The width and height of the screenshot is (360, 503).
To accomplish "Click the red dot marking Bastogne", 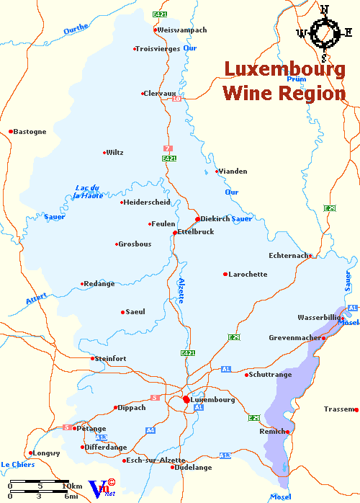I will (x=11, y=131).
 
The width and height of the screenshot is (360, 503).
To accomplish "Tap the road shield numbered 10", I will (x=176, y=99).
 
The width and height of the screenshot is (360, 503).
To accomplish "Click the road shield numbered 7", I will (x=168, y=148).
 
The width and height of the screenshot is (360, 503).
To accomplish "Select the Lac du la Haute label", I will (x=89, y=192).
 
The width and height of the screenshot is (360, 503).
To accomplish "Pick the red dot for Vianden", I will (x=217, y=171).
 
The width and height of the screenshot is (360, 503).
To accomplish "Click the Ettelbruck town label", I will (x=195, y=232).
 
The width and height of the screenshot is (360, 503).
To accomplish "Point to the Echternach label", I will (x=288, y=255).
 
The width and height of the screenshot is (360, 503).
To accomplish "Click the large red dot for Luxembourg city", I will (x=186, y=399).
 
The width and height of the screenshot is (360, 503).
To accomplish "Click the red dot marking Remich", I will (x=287, y=432).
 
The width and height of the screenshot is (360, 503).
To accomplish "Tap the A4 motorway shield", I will (x=150, y=430).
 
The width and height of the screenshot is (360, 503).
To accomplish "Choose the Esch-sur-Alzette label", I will (x=156, y=460).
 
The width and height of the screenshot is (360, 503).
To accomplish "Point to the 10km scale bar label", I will (x=73, y=486).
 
